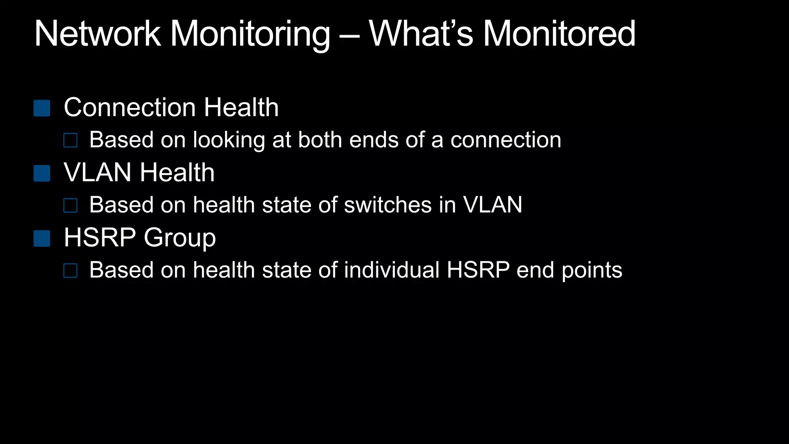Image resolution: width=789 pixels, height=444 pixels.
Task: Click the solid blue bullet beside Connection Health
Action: pyautogui.click(x=42, y=108)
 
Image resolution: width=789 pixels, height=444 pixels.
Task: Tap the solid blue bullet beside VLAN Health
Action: pyautogui.click(x=42, y=173)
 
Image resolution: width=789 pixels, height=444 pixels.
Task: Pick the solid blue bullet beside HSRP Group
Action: pyautogui.click(x=42, y=239)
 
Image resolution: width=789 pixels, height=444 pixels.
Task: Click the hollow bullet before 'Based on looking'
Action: pyautogui.click(x=71, y=141)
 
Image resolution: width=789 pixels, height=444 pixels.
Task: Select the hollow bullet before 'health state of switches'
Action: pyautogui.click(x=71, y=206)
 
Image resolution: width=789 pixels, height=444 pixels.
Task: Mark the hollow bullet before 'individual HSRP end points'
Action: pyautogui.click(x=71, y=271)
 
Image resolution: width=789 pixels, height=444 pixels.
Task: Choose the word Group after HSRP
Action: pyautogui.click(x=180, y=238)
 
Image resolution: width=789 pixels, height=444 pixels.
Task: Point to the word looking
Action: pyautogui.click(x=229, y=140)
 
